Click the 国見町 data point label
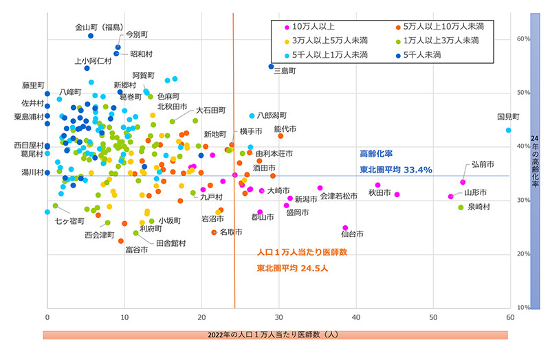tap(508, 117)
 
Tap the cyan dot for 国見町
tap(509, 130)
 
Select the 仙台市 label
tap(350, 234)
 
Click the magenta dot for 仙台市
tap(345, 227)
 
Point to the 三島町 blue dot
tap(271, 67)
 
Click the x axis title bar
tap(275, 335)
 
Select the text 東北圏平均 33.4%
tap(395, 170)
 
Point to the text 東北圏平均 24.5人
tap(293, 268)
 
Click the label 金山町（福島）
tap(98, 28)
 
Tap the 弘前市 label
tap(483, 165)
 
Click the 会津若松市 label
tap(339, 196)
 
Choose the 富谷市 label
tap(136, 250)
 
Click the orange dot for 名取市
tap(214, 232)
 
